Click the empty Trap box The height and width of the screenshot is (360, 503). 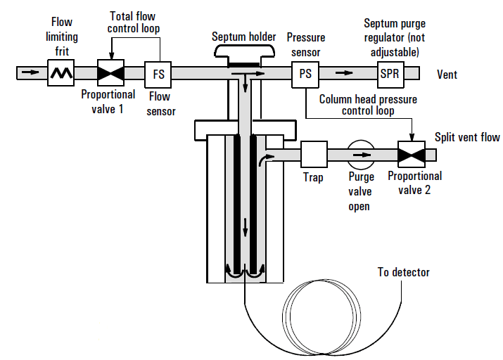tap(314, 155)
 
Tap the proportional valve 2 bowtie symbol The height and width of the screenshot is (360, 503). tap(410, 155)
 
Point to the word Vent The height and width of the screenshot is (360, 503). tap(447, 74)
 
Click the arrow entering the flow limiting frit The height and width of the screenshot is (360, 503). tap(30, 72)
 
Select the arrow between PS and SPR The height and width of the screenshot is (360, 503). tap(345, 72)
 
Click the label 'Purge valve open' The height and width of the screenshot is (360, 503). tap(359, 192)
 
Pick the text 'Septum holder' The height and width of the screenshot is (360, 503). tap(243, 36)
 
